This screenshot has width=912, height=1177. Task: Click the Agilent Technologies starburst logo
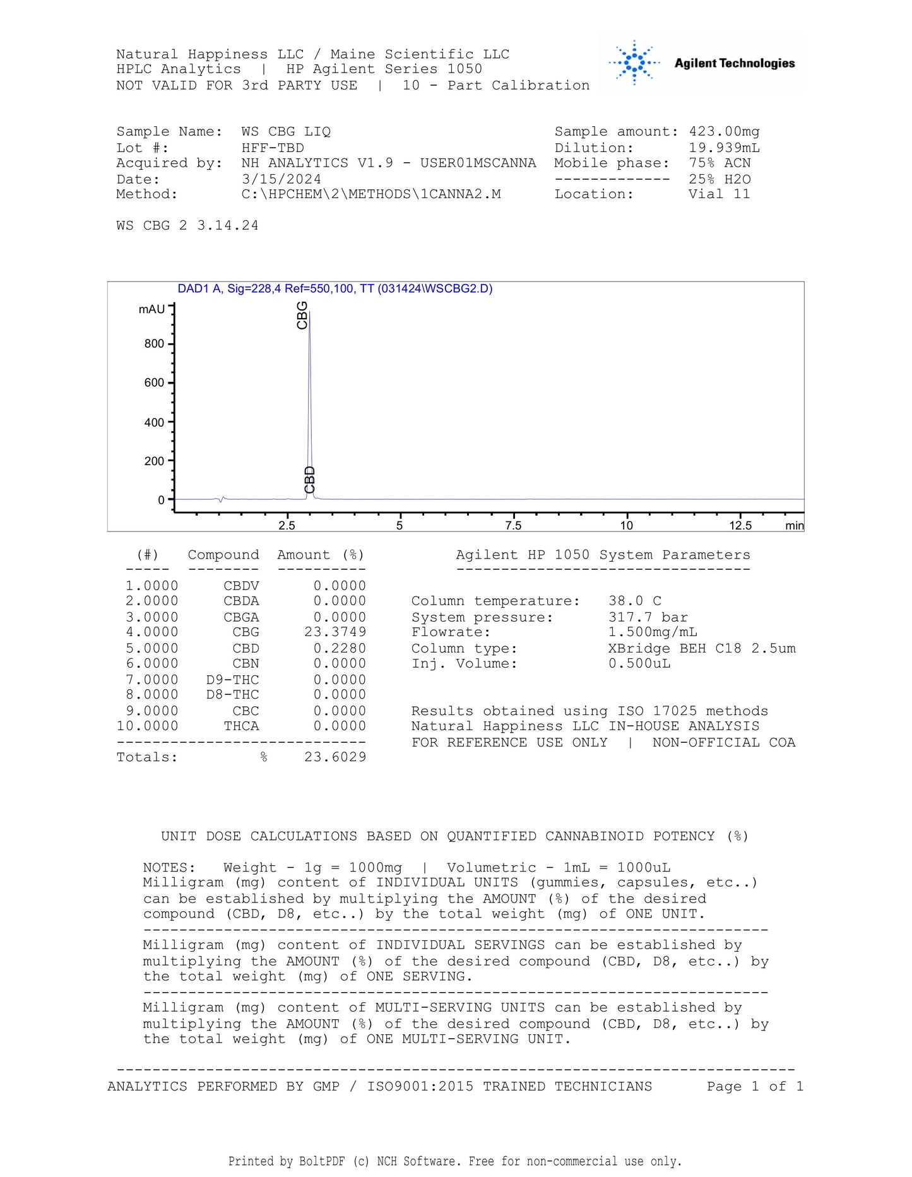pos(634,62)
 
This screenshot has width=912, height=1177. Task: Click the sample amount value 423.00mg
pos(724,132)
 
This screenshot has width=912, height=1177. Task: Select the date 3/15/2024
pos(281,179)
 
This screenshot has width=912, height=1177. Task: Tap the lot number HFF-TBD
pos(273,148)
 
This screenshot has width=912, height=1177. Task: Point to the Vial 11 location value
pos(719,194)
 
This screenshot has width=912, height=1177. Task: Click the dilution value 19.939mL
pos(724,148)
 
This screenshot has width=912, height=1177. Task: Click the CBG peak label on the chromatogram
pos(302,315)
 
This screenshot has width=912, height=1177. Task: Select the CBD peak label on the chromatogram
pos(309,480)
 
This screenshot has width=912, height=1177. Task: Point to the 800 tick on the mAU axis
pos(154,344)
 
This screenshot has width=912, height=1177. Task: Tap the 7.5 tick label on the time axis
pos(513,526)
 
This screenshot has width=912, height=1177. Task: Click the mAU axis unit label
pos(151,309)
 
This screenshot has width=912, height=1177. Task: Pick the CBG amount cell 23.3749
pos(335,632)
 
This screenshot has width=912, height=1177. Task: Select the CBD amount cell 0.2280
pos(339,648)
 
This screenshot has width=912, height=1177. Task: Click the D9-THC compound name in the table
pos(232,680)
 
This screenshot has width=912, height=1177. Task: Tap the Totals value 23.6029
pos(335,757)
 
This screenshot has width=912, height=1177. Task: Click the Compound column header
pos(223,555)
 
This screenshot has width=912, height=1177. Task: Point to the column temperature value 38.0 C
pos(634,601)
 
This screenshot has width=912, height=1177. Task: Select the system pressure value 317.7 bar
pos(648,617)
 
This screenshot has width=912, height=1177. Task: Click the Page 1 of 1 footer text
pos(755,1087)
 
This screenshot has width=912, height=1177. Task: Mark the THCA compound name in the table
pos(241,726)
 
